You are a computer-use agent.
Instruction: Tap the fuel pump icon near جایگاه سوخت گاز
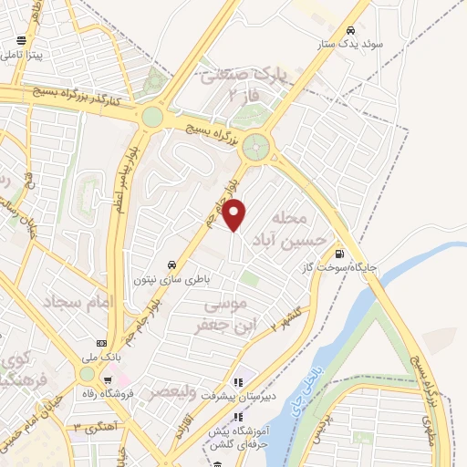(x=340, y=254)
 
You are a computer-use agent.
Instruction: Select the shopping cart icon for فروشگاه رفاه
(x=109, y=380)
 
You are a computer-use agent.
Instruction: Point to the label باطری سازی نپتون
(x=167, y=279)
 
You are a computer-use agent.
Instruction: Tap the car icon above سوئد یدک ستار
(x=352, y=28)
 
